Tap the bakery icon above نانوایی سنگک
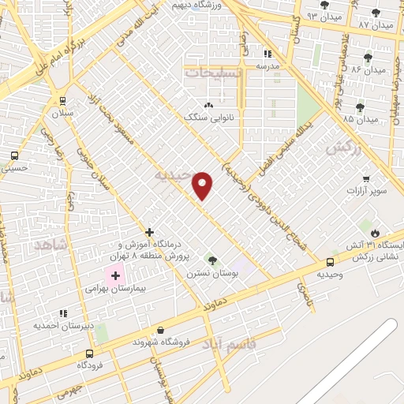click(x=208, y=105)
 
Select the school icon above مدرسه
click(x=267, y=54)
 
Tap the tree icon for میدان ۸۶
click(x=368, y=58)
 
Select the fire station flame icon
click(x=376, y=233)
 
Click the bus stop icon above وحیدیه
click(x=330, y=261)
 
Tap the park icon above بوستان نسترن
click(x=211, y=260)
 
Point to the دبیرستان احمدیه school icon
click(x=62, y=313)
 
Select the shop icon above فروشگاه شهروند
click(x=161, y=330)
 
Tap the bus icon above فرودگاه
click(x=89, y=353)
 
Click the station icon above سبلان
click(x=62, y=101)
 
